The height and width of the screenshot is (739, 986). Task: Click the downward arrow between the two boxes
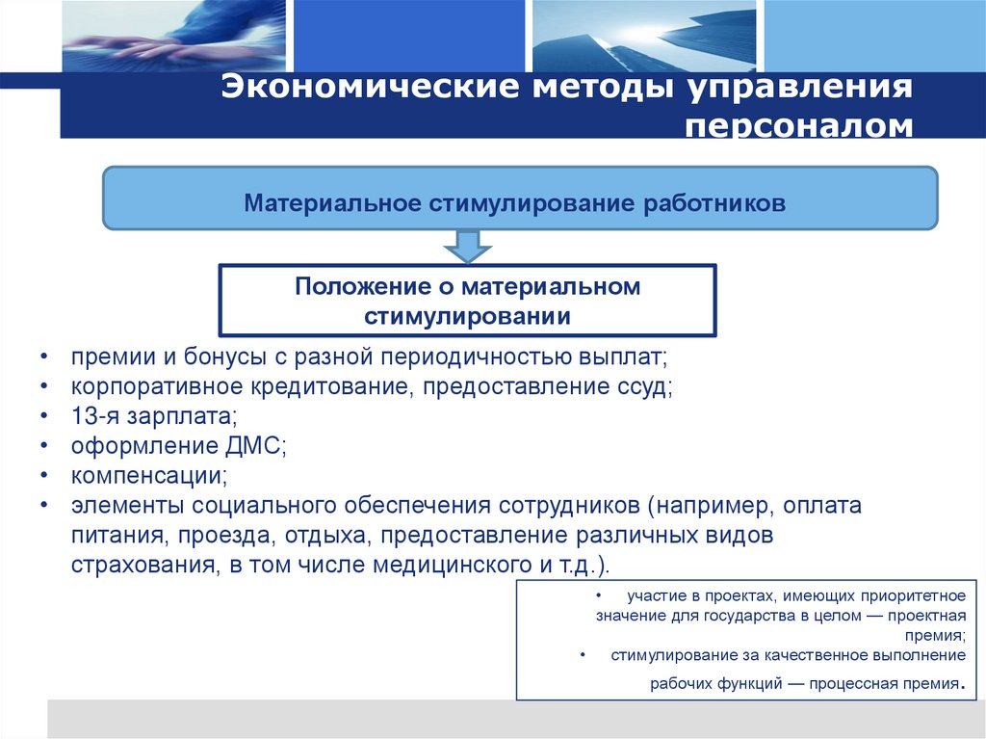467,246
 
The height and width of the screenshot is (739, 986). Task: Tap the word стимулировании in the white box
467,316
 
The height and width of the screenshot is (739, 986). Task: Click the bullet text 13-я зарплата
153,417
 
